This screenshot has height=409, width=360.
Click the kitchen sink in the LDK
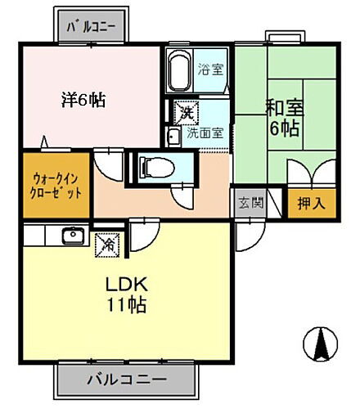pyautogui.click(x=71, y=237)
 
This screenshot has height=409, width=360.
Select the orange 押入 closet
pyautogui.click(x=307, y=202)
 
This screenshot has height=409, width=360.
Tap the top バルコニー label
pyautogui.click(x=91, y=26)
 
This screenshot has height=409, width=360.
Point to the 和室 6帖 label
pyautogui.click(x=282, y=117)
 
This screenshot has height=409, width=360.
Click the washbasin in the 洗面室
pyautogui.click(x=173, y=136)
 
